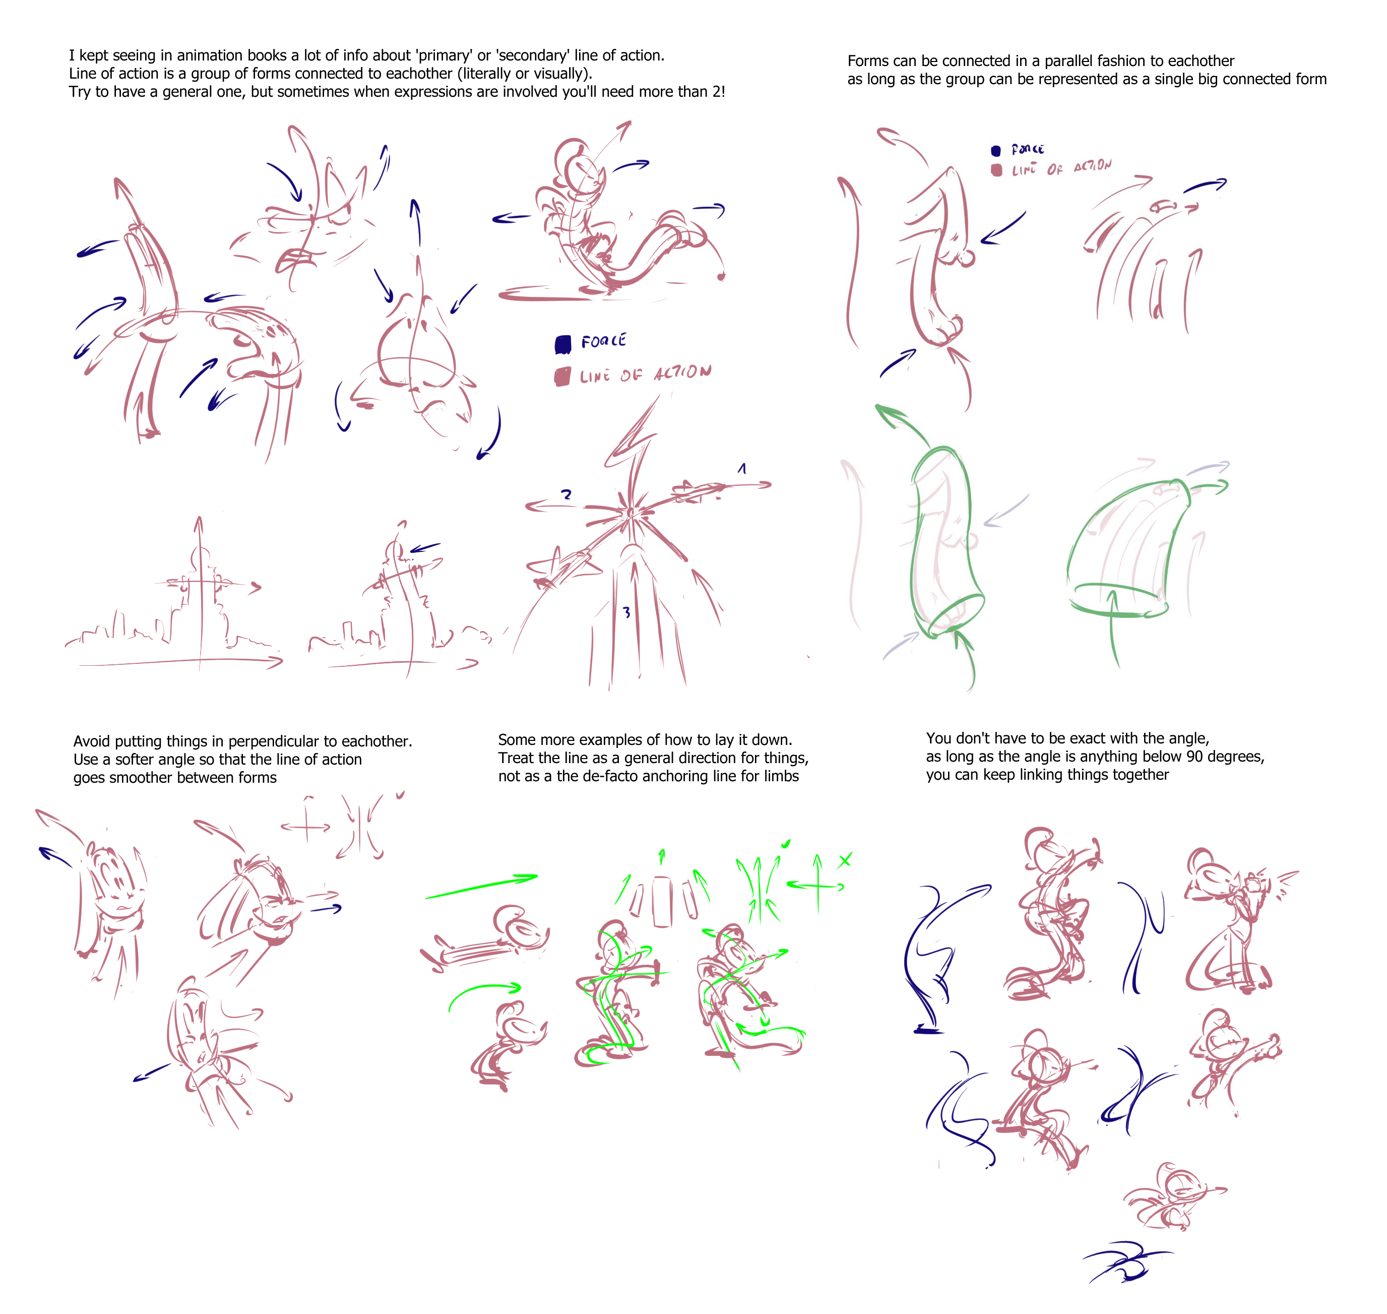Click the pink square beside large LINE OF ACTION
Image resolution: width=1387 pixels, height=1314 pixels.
pyautogui.click(x=562, y=377)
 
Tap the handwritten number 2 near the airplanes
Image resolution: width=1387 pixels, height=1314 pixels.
pyautogui.click(x=566, y=494)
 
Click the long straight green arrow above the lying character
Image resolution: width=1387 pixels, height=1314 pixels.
pyautogui.click(x=481, y=886)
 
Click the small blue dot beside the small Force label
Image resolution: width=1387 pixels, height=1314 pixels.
pyautogui.click(x=996, y=151)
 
